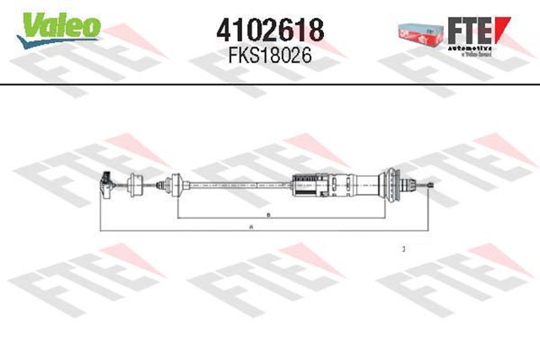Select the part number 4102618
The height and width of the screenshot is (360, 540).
(x=270, y=30)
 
